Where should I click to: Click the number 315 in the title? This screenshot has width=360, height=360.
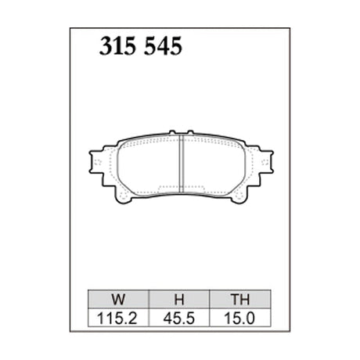(120, 47)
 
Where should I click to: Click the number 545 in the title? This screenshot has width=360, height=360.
(163, 47)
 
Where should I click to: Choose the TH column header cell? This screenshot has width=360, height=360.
(239, 298)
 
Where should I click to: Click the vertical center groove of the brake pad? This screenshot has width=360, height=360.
(181, 164)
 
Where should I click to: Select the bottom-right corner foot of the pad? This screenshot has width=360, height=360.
(239, 200)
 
